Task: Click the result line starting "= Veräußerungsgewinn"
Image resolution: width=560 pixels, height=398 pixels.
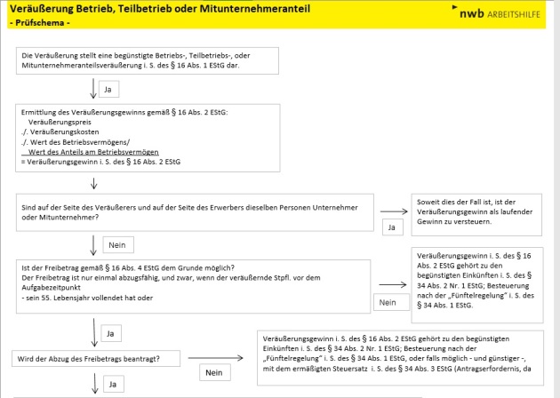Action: (81, 161)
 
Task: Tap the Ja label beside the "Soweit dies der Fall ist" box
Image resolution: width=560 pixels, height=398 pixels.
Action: (392, 227)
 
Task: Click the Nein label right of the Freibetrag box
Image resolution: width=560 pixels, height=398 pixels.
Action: (388, 303)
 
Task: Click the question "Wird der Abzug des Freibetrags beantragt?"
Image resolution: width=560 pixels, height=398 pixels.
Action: (97, 359)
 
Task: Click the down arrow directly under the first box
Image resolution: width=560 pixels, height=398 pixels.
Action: (93, 88)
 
